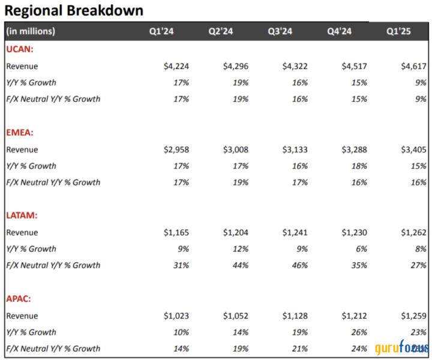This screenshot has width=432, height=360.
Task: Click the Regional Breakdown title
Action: coord(74,10)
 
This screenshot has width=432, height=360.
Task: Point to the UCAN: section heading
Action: coord(20,49)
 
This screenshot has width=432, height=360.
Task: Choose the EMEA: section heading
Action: coord(21,133)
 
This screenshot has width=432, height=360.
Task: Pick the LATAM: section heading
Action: coord(22,215)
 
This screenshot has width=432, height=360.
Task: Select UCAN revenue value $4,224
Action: coord(176,66)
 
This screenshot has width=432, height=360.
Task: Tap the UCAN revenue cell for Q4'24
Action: coord(353,66)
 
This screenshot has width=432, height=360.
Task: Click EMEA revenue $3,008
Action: coord(236,149)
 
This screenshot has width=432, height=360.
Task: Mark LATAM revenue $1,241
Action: coord(295,232)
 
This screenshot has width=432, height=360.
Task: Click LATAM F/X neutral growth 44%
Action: coord(241,265)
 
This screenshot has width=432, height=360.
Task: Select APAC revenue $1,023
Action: coord(176,316)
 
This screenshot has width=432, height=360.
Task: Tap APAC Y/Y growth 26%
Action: coord(359,332)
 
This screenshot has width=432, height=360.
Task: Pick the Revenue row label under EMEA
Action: coord(22,149)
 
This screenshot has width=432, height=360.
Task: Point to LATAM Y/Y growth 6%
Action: coord(361,248)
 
